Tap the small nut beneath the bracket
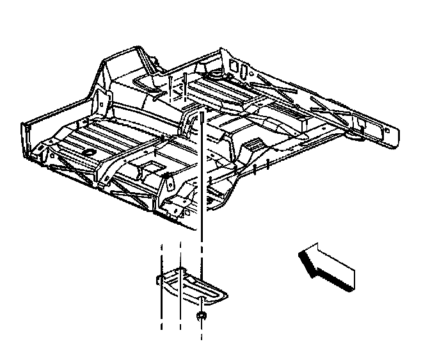pos(202,316)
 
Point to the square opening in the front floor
pos(152,167)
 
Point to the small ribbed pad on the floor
pos(254,144)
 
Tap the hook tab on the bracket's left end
pos(158,277)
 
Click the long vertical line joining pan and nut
pos(202,211)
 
